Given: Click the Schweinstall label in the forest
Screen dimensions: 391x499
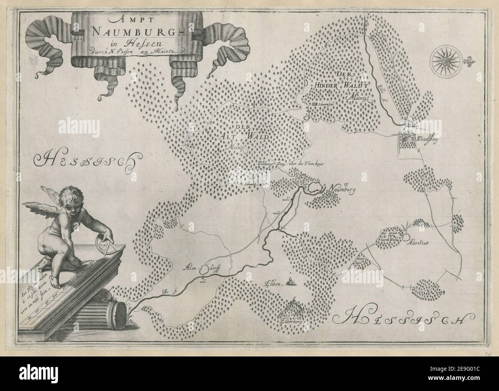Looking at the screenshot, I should coord(326,104).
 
